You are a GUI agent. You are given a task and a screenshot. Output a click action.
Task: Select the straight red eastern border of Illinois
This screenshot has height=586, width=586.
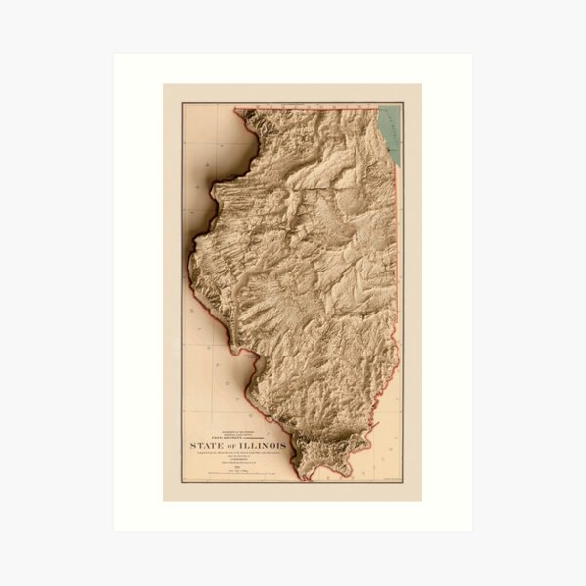point(396,244)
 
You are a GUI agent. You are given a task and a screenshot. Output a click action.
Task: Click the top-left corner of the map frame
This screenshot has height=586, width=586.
point(182,102)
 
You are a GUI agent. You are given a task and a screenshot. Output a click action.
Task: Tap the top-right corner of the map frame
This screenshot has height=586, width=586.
point(402,102)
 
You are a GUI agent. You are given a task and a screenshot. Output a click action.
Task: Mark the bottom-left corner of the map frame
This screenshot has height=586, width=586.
point(182,482)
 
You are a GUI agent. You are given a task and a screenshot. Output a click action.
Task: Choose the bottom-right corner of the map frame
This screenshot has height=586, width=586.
point(402,482)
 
